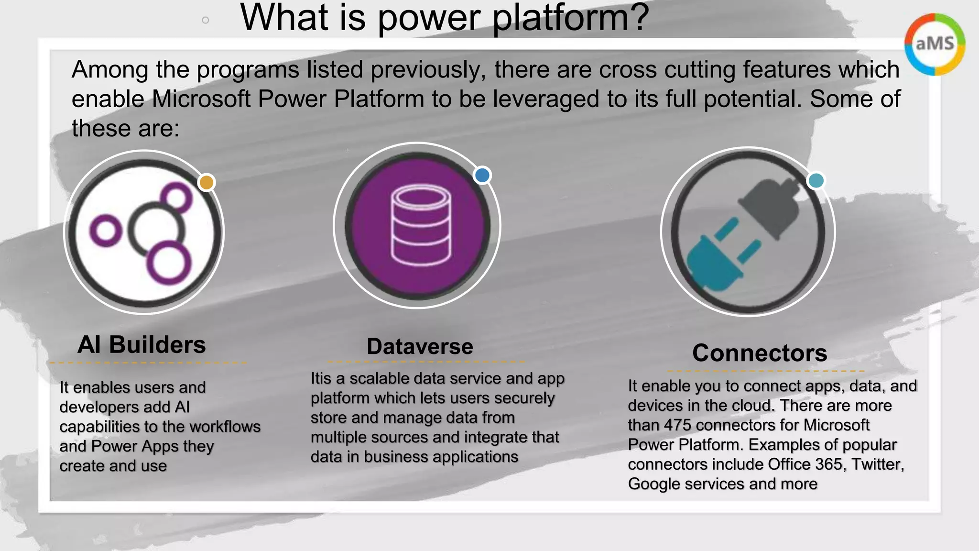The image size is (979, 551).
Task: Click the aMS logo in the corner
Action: [x=935, y=44]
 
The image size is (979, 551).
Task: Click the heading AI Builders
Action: [x=141, y=345]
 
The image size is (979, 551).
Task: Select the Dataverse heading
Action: [x=420, y=346]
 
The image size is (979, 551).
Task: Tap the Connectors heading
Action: [x=760, y=353]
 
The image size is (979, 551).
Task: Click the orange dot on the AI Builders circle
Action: [x=207, y=182]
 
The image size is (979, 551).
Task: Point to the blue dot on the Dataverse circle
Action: [x=482, y=176]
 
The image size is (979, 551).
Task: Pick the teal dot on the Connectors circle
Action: [x=816, y=181]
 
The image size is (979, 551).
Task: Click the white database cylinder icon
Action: [x=421, y=225]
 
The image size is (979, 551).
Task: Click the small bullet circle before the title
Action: [x=206, y=20]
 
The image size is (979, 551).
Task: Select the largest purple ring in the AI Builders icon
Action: [x=168, y=263]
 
